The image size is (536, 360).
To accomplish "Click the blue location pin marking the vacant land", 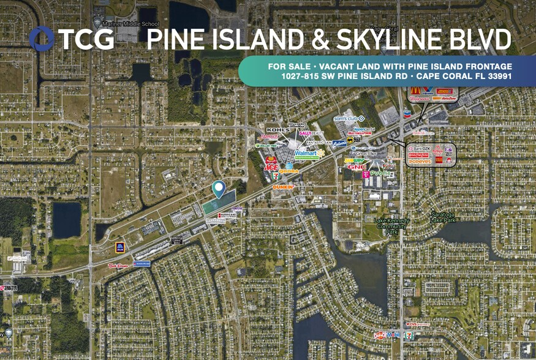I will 219,189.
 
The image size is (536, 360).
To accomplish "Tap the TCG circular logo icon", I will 42,39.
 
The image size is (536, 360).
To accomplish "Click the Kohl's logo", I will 277,130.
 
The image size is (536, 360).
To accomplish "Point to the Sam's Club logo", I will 349,118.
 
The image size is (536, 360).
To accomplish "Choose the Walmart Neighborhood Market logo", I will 309,154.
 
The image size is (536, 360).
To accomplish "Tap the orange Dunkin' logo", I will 283,187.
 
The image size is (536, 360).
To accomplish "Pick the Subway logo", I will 355,161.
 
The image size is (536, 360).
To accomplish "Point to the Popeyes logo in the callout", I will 420,162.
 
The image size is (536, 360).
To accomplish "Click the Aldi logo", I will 120,247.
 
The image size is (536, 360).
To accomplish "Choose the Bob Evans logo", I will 118,266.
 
